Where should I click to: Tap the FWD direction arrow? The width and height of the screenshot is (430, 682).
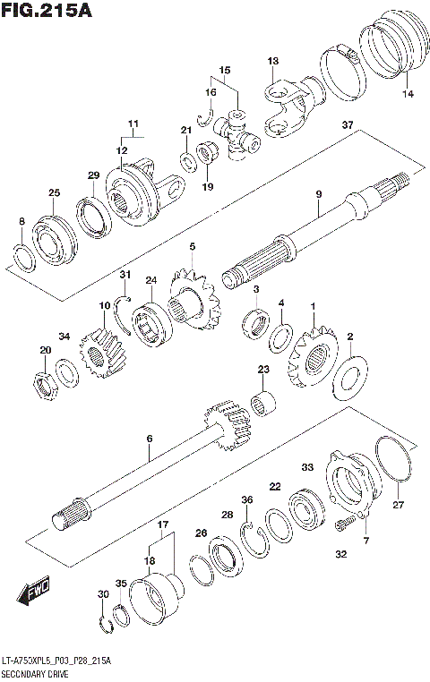pyautogui.click(x=35, y=590)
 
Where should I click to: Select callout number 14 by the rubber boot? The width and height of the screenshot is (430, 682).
pyautogui.click(x=408, y=94)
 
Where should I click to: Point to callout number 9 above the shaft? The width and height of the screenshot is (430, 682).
pyautogui.click(x=317, y=194)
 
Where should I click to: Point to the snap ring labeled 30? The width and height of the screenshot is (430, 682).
pyautogui.click(x=104, y=623)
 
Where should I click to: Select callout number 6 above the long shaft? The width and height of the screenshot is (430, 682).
pyautogui.click(x=150, y=438)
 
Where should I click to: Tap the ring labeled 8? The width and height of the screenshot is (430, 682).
pyautogui.click(x=23, y=257)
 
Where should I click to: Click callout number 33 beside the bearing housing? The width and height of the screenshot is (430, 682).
pyautogui.click(x=306, y=466)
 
